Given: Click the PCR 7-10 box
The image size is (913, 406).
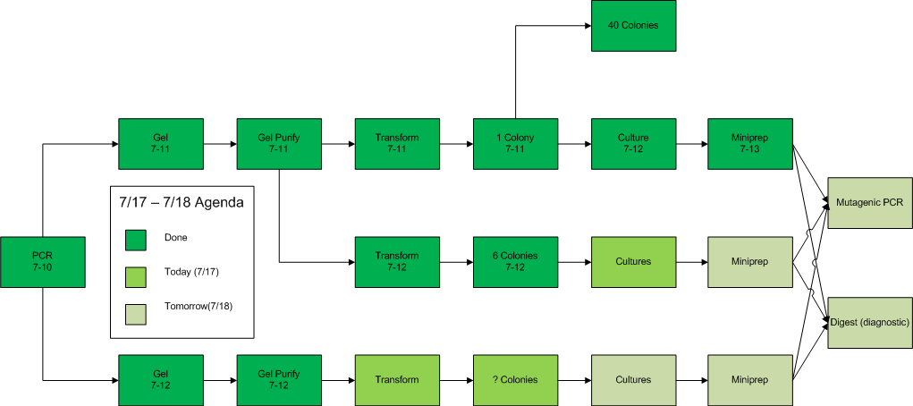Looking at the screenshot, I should pyautogui.click(x=43, y=262).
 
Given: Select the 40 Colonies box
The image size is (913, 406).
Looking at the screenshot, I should pyautogui.click(x=633, y=25).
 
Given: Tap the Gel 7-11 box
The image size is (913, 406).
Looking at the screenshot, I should pyautogui.click(x=161, y=144).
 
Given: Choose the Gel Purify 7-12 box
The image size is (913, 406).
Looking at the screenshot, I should pyautogui.click(x=279, y=380).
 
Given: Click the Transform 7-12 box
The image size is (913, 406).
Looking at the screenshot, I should pyautogui.click(x=397, y=262).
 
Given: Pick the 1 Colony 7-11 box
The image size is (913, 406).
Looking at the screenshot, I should pyautogui.click(x=515, y=144).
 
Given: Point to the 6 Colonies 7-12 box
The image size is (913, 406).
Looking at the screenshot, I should pyautogui.click(x=515, y=262).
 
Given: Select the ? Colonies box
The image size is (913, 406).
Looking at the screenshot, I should pyautogui.click(x=515, y=380).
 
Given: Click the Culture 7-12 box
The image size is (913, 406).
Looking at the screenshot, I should pyautogui.click(x=633, y=144).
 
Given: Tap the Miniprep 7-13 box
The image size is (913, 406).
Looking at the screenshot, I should pyautogui.click(x=751, y=144).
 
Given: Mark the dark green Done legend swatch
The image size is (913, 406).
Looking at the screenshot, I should pyautogui.click(x=136, y=238).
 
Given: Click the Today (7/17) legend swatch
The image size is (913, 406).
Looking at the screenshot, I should pyautogui.click(x=136, y=273).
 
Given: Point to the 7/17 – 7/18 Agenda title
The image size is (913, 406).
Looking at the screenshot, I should pyautogui.click(x=182, y=203).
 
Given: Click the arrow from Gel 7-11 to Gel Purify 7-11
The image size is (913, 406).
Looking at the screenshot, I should pyautogui.click(x=220, y=144).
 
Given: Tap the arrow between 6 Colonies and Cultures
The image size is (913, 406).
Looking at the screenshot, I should pyautogui.click(x=574, y=262).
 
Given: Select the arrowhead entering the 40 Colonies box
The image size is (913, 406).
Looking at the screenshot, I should pyautogui.click(x=585, y=25).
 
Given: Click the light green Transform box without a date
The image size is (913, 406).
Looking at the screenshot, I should pyautogui.click(x=397, y=380).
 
